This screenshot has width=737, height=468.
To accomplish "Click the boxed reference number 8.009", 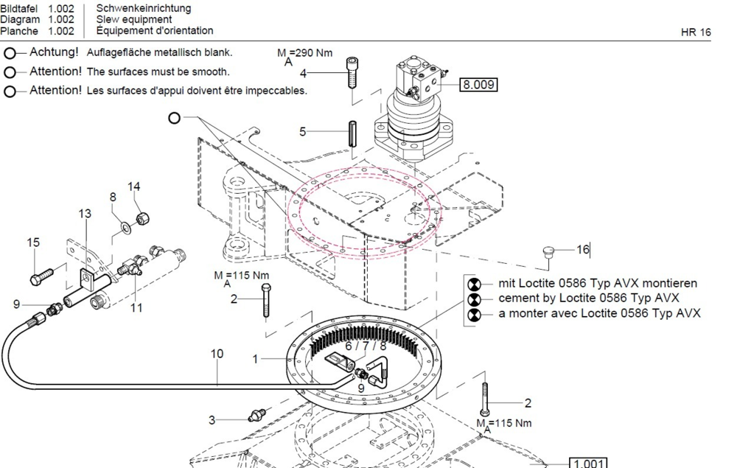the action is (478, 85).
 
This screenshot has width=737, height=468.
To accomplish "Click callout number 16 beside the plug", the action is (583, 249).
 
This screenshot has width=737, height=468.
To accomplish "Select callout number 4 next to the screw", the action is (303, 73).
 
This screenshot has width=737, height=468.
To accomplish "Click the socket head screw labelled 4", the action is (352, 72).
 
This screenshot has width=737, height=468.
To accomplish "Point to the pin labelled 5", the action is (352, 133).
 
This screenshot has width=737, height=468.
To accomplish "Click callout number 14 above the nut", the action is (133, 186).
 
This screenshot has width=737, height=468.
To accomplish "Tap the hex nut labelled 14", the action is (142, 218).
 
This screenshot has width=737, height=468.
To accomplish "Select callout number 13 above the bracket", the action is (85, 214).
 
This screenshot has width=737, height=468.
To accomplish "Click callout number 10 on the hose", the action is (217, 353).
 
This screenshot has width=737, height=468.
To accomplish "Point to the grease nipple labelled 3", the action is (256, 416).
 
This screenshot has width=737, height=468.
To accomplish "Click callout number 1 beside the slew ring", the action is (255, 360).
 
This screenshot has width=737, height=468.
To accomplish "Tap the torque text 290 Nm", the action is (315, 52).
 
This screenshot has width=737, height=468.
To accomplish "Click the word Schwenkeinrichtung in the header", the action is (144, 8).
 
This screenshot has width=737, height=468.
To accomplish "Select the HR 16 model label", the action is (696, 32).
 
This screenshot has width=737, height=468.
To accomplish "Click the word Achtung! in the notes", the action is (54, 52).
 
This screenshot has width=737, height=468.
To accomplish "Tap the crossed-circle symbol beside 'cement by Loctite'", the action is (474, 298).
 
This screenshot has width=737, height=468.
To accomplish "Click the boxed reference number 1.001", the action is (588, 464).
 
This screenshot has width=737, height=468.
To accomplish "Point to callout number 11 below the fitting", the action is (136, 308).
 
